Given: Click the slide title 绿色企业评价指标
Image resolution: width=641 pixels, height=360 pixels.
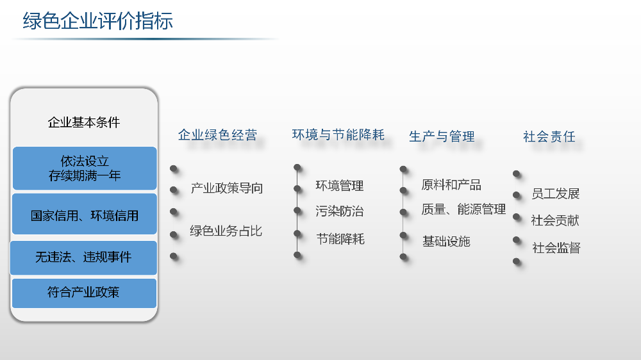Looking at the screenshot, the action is pyautogui.click(x=97, y=21).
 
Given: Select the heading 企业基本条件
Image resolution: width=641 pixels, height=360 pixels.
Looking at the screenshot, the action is pyautogui.click(x=84, y=122).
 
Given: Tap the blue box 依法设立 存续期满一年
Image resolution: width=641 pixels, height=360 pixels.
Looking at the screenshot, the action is pyautogui.click(x=85, y=168).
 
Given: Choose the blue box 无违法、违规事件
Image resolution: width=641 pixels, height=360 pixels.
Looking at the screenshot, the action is pyautogui.click(x=83, y=258).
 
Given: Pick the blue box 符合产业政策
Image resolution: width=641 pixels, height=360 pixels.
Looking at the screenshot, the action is pyautogui.click(x=84, y=293).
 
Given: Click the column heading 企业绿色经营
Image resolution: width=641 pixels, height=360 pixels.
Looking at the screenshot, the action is pyautogui.click(x=217, y=135).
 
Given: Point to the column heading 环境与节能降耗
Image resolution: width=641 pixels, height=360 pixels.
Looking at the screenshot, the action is pyautogui.click(x=338, y=135).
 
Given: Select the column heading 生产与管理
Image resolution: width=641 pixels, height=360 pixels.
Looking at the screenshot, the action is pyautogui.click(x=442, y=136).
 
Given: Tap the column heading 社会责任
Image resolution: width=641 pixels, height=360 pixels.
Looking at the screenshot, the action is pyautogui.click(x=549, y=136).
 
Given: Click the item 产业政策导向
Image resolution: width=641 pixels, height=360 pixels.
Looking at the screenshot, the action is pyautogui.click(x=226, y=188).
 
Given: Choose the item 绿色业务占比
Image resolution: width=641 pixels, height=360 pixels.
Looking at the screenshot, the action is pyautogui.click(x=226, y=231).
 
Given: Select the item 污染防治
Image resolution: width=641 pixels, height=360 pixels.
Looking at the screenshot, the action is pyautogui.click(x=339, y=211).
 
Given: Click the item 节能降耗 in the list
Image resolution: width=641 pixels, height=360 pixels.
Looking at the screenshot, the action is pyautogui.click(x=340, y=239).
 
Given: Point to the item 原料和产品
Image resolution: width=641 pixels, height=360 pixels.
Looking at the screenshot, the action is pyautogui.click(x=451, y=184).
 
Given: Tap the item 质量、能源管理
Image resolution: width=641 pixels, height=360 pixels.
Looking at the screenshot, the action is pyautogui.click(x=463, y=209).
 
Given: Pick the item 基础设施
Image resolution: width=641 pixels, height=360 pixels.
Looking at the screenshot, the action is pyautogui.click(x=446, y=241).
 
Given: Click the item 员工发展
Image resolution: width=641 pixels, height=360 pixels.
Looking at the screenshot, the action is pyautogui.click(x=556, y=193).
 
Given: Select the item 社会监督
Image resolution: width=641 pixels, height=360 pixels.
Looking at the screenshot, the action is pyautogui.click(x=556, y=248).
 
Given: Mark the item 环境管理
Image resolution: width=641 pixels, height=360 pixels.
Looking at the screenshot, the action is pyautogui.click(x=339, y=186).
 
